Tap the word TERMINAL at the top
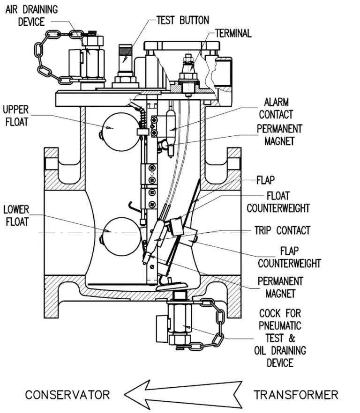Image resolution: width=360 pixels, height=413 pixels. coord(233,33)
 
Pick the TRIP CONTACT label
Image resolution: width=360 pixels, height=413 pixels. coord(282,230)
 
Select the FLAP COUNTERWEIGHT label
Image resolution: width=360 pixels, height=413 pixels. coord(289,257)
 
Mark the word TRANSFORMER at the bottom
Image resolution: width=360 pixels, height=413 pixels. coord(296,395)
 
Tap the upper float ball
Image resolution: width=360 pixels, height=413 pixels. coord(117,127)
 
